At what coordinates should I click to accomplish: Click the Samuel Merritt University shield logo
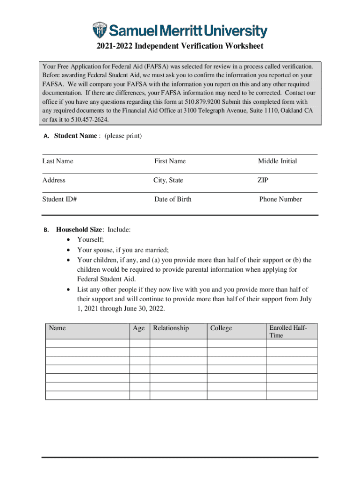click(x=100, y=30)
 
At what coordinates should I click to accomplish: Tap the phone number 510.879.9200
click(x=203, y=102)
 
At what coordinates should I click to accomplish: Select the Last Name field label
click(x=58, y=161)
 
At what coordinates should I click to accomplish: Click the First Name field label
click(x=170, y=161)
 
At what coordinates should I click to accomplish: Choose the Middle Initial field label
click(x=277, y=161)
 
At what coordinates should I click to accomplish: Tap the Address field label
click(x=54, y=180)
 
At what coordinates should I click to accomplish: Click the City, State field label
click(x=168, y=180)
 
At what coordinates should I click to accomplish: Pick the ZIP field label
click(x=263, y=180)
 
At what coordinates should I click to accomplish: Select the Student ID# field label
click(x=59, y=199)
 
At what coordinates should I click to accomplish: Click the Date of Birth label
click(x=173, y=199)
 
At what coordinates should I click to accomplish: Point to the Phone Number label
click(x=281, y=199)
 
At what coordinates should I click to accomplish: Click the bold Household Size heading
click(x=79, y=230)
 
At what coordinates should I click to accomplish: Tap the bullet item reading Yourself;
click(x=91, y=239)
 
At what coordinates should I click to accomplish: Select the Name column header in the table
click(x=57, y=328)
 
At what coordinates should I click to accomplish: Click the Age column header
click(x=139, y=328)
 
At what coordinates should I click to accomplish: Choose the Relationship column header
click(x=171, y=328)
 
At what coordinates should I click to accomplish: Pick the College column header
click(x=221, y=328)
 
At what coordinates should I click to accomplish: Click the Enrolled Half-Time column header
click(x=288, y=331)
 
